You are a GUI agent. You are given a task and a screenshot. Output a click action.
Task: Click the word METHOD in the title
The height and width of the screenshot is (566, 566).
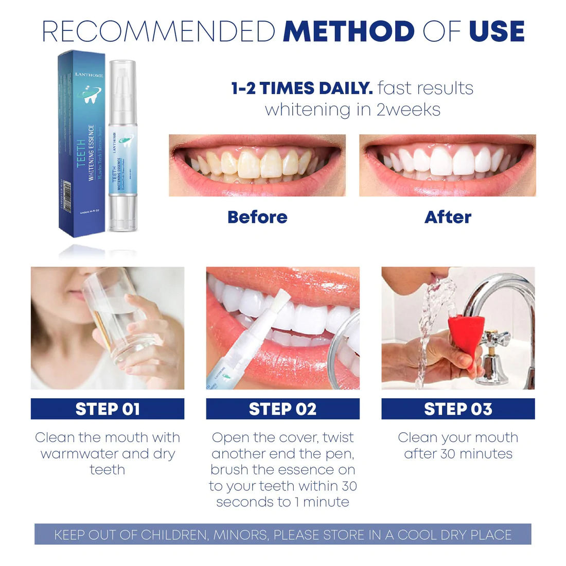(348, 32)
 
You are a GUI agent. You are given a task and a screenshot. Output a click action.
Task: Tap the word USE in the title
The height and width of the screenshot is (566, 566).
(497, 32)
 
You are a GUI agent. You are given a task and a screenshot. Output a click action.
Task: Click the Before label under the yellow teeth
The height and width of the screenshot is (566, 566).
(257, 217)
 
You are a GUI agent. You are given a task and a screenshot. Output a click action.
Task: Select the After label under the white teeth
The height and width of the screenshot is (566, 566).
(448, 217)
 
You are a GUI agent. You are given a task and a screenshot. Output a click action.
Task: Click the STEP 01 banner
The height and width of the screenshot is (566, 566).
(108, 409)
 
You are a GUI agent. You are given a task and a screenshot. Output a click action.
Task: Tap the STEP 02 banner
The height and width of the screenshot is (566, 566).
(282, 409)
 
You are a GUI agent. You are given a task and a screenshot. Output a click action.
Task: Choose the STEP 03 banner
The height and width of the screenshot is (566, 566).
(458, 409)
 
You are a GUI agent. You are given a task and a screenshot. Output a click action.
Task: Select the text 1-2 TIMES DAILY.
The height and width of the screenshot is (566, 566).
(302, 89)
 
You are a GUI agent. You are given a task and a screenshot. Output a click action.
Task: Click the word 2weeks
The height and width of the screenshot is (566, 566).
(409, 110)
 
